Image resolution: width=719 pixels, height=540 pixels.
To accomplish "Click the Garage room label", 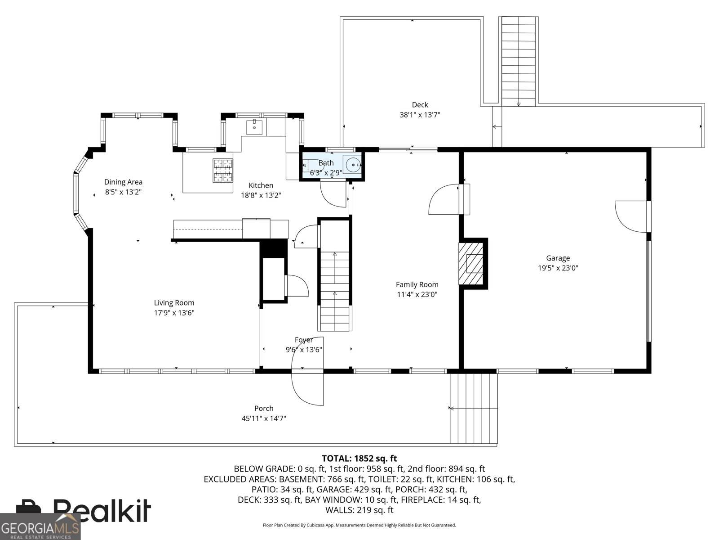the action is pyautogui.click(x=558, y=258).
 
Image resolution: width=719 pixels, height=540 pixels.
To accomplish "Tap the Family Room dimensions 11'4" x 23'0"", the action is pyautogui.click(x=417, y=294).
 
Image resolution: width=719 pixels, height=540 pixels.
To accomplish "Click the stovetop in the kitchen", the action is pyautogui.click(x=223, y=170).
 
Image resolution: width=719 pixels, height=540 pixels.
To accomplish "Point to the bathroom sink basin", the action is pyautogui.click(x=352, y=165).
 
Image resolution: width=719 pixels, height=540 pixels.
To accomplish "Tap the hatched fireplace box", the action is pyautogui.click(x=470, y=264).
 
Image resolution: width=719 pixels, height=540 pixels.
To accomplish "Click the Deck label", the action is pyautogui.click(x=420, y=104).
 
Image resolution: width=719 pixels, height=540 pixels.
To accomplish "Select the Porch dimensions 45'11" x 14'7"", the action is pyautogui.click(x=264, y=418).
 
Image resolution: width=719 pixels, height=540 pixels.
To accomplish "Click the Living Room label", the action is pyautogui.click(x=174, y=302).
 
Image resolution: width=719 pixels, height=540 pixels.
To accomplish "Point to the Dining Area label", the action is pyautogui.click(x=123, y=182).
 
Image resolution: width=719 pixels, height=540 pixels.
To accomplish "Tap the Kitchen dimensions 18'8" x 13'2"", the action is pyautogui.click(x=261, y=195).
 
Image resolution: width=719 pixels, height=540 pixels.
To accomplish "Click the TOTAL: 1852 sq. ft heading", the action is pyautogui.click(x=359, y=459).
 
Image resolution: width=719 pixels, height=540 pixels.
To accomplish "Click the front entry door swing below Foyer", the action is pyautogui.click(x=307, y=389).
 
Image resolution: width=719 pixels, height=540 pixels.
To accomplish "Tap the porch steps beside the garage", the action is pyautogui.click(x=474, y=409).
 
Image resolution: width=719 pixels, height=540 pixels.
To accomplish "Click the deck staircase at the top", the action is pyautogui.click(x=519, y=61).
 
